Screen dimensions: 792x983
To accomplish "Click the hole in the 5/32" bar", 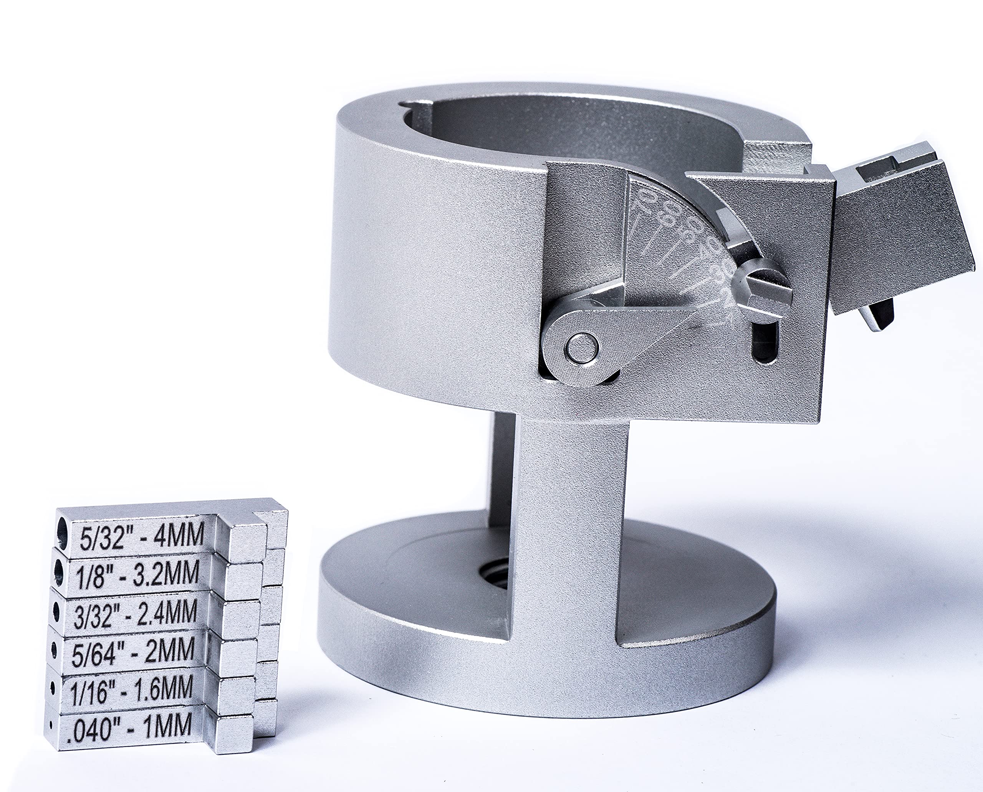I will [62, 531].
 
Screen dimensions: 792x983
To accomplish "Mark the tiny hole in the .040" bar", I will [51, 724].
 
